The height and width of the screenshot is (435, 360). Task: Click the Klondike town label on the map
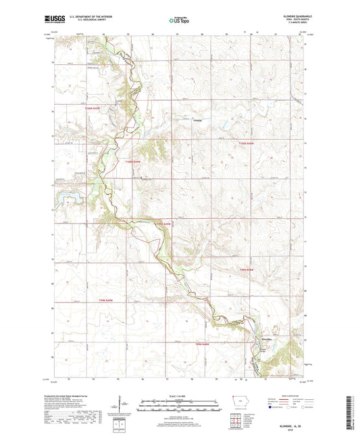[x=267, y=338]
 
